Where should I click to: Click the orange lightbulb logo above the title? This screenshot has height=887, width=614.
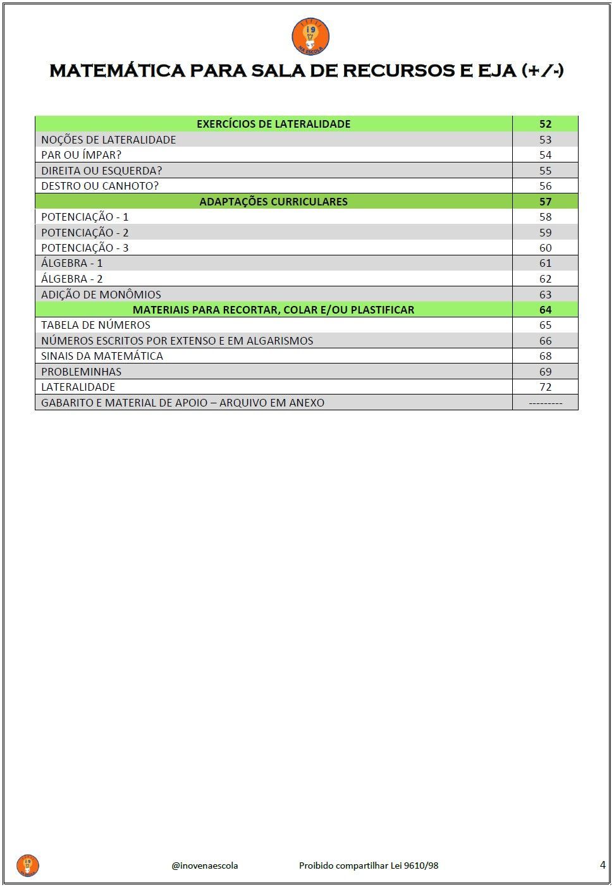310,37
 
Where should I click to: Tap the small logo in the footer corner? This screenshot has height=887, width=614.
28,866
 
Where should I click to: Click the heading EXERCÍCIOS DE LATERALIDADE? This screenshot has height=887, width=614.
273,124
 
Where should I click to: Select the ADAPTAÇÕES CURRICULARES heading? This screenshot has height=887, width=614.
273,202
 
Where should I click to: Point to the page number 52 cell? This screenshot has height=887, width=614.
545,124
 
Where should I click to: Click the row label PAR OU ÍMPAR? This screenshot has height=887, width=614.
81,155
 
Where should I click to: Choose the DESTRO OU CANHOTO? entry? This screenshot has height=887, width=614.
100,186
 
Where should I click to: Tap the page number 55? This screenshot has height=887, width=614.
545,171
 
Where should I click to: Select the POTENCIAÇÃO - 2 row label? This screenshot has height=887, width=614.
85,233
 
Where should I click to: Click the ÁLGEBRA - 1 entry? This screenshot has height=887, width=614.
71,263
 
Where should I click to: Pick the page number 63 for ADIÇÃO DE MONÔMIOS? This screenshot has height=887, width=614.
545,295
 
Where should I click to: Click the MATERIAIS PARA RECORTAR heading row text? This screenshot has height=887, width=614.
273,310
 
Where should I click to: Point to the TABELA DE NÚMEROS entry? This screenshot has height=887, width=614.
95,325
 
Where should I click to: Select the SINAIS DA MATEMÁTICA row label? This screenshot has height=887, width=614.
102,356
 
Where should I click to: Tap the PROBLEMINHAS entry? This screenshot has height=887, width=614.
81,372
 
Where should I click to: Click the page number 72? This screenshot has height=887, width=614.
545,387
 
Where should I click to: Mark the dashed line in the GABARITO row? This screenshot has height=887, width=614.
545,403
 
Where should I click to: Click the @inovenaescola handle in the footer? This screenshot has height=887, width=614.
205,866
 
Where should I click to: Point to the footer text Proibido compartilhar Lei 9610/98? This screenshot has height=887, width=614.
369,866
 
